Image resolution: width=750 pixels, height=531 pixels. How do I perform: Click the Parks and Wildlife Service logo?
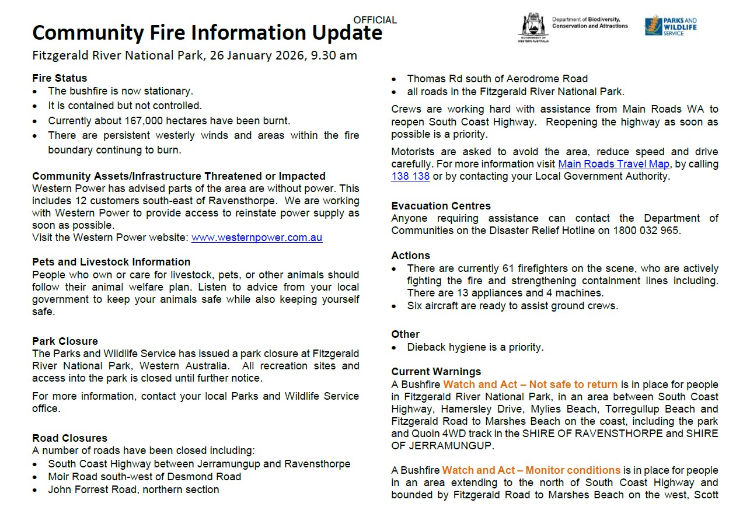tap(671, 26)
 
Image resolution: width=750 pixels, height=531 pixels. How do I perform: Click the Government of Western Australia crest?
tap(533, 26)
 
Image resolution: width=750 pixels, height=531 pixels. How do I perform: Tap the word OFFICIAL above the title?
tap(375, 20)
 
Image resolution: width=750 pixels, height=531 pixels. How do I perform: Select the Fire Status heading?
tap(60, 78)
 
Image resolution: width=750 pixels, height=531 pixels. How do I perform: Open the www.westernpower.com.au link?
tap(257, 237)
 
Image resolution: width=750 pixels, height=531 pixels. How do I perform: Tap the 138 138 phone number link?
tap(410, 176)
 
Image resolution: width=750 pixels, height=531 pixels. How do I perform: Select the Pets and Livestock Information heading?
tap(111, 262)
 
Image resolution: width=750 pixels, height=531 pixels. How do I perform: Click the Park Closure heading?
tap(65, 341)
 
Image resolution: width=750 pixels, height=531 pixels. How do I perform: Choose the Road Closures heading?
tap(69, 438)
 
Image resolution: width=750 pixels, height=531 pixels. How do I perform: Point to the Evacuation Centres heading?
tap(441, 206)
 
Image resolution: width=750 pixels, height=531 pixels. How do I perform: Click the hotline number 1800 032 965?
tap(646, 230)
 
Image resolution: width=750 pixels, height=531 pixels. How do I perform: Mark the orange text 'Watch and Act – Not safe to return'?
tap(530, 385)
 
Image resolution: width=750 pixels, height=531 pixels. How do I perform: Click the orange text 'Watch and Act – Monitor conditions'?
tap(531, 470)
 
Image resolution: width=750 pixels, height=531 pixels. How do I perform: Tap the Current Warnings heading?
tap(436, 372)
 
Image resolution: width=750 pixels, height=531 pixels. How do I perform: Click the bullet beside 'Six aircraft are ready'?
tap(395, 306)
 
